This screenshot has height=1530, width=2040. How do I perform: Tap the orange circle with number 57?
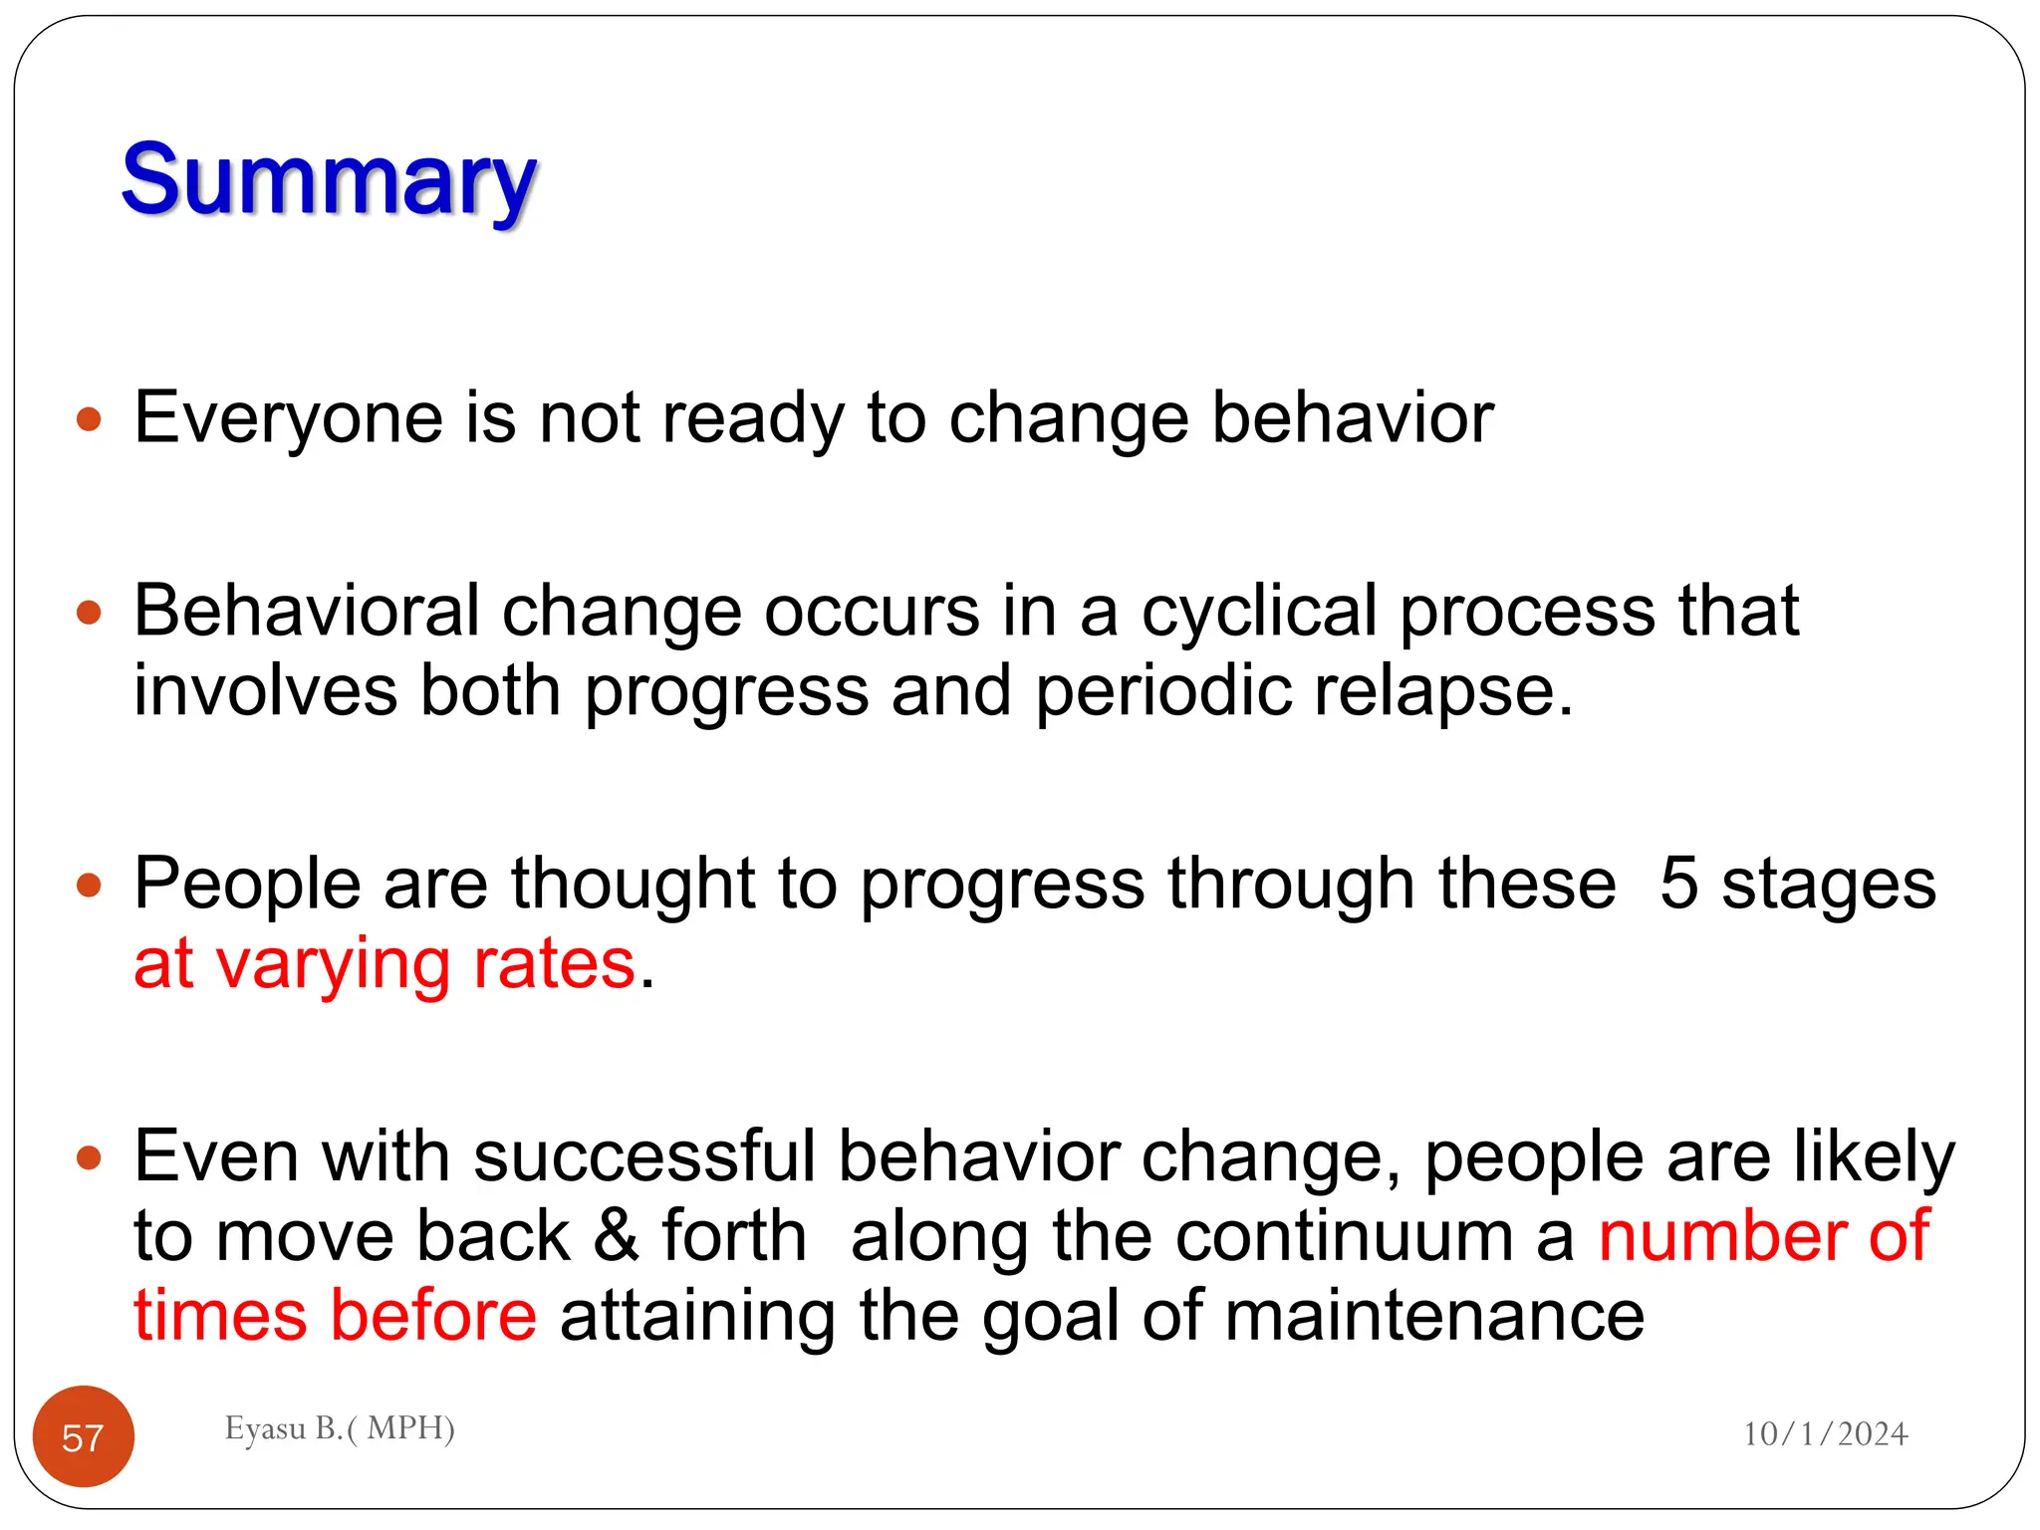tap(84, 1436)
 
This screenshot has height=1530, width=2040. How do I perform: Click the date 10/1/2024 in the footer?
tap(1825, 1433)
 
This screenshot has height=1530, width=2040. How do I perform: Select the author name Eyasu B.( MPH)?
tap(340, 1427)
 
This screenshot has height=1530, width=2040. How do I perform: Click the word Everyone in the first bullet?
tap(288, 417)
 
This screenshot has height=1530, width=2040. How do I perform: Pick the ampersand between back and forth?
tap(616, 1236)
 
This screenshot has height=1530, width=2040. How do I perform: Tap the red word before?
tap(433, 1316)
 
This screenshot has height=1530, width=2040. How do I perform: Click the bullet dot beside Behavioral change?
tap(90, 612)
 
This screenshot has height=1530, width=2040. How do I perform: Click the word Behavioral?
tap(306, 611)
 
